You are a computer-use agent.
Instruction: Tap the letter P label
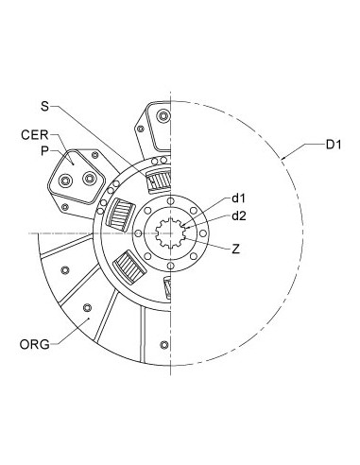tap(43, 149)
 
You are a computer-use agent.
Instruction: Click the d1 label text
tap(238, 198)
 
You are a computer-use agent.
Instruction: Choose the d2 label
tap(240, 216)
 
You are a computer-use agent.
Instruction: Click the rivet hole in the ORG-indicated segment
tap(86, 307)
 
